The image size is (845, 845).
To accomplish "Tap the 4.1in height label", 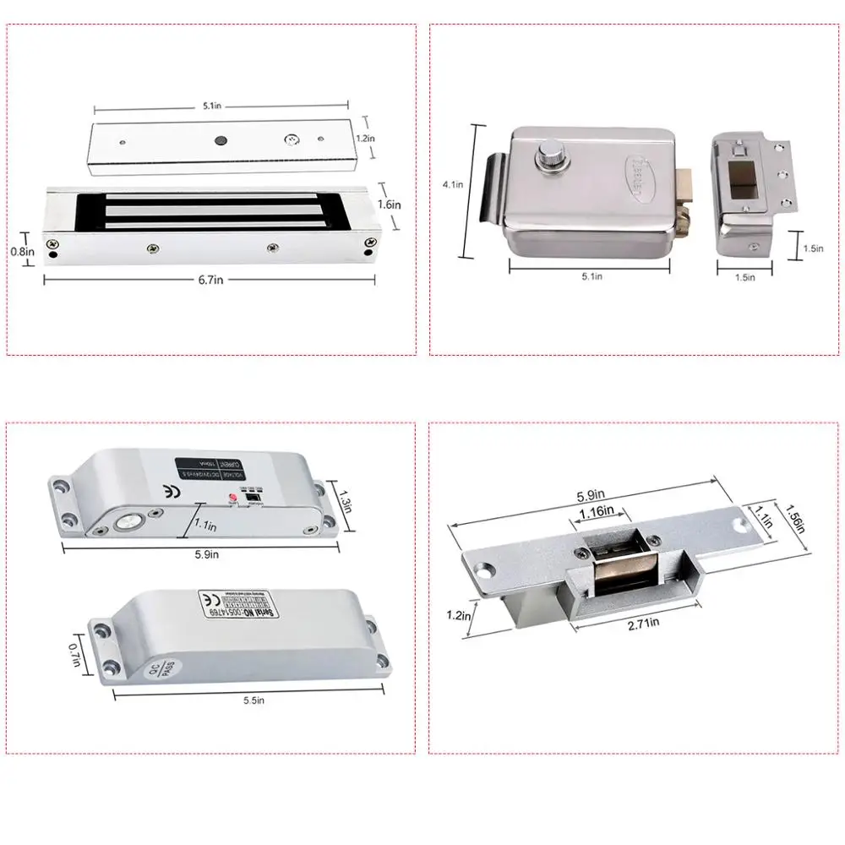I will tap(454, 184).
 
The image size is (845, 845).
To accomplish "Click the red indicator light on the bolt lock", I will tap(227, 502).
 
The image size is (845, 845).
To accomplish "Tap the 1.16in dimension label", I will tap(600, 513).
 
